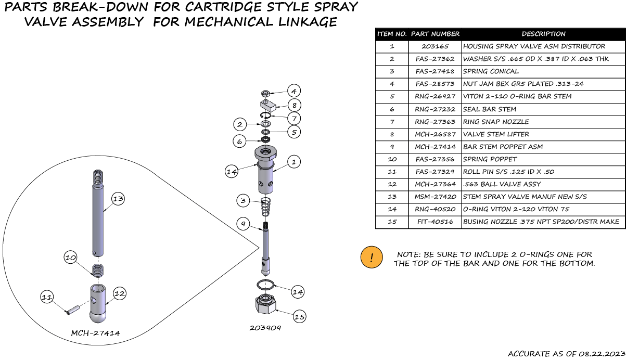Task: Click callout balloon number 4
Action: [x=293, y=91]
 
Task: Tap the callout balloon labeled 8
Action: [x=293, y=105]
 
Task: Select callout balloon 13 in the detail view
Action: [x=118, y=198]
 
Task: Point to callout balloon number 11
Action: [x=47, y=297]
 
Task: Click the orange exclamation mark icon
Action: [x=372, y=258]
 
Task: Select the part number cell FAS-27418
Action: [x=435, y=71]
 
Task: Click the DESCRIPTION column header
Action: [x=543, y=34]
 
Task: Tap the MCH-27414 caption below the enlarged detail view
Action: [x=95, y=333]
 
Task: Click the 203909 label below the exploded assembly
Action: [x=265, y=328]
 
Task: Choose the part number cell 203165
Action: [x=435, y=46]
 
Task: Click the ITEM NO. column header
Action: [x=392, y=34]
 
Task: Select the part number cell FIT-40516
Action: [x=435, y=222]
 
